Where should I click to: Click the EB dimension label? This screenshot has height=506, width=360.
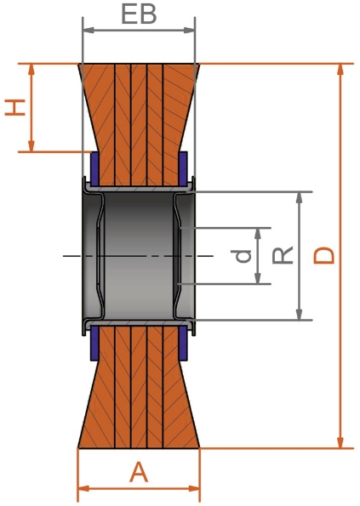point(139,15)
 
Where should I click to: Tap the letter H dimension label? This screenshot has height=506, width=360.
point(14,107)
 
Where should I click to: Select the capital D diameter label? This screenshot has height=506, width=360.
point(324,255)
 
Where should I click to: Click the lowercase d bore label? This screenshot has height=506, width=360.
point(244,255)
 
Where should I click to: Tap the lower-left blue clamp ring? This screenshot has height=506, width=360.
point(94,344)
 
